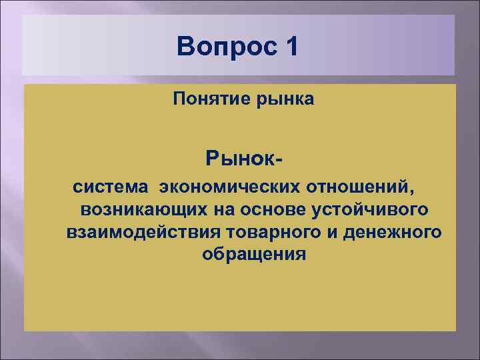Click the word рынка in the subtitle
coord(281,100)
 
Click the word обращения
coord(253,255)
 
